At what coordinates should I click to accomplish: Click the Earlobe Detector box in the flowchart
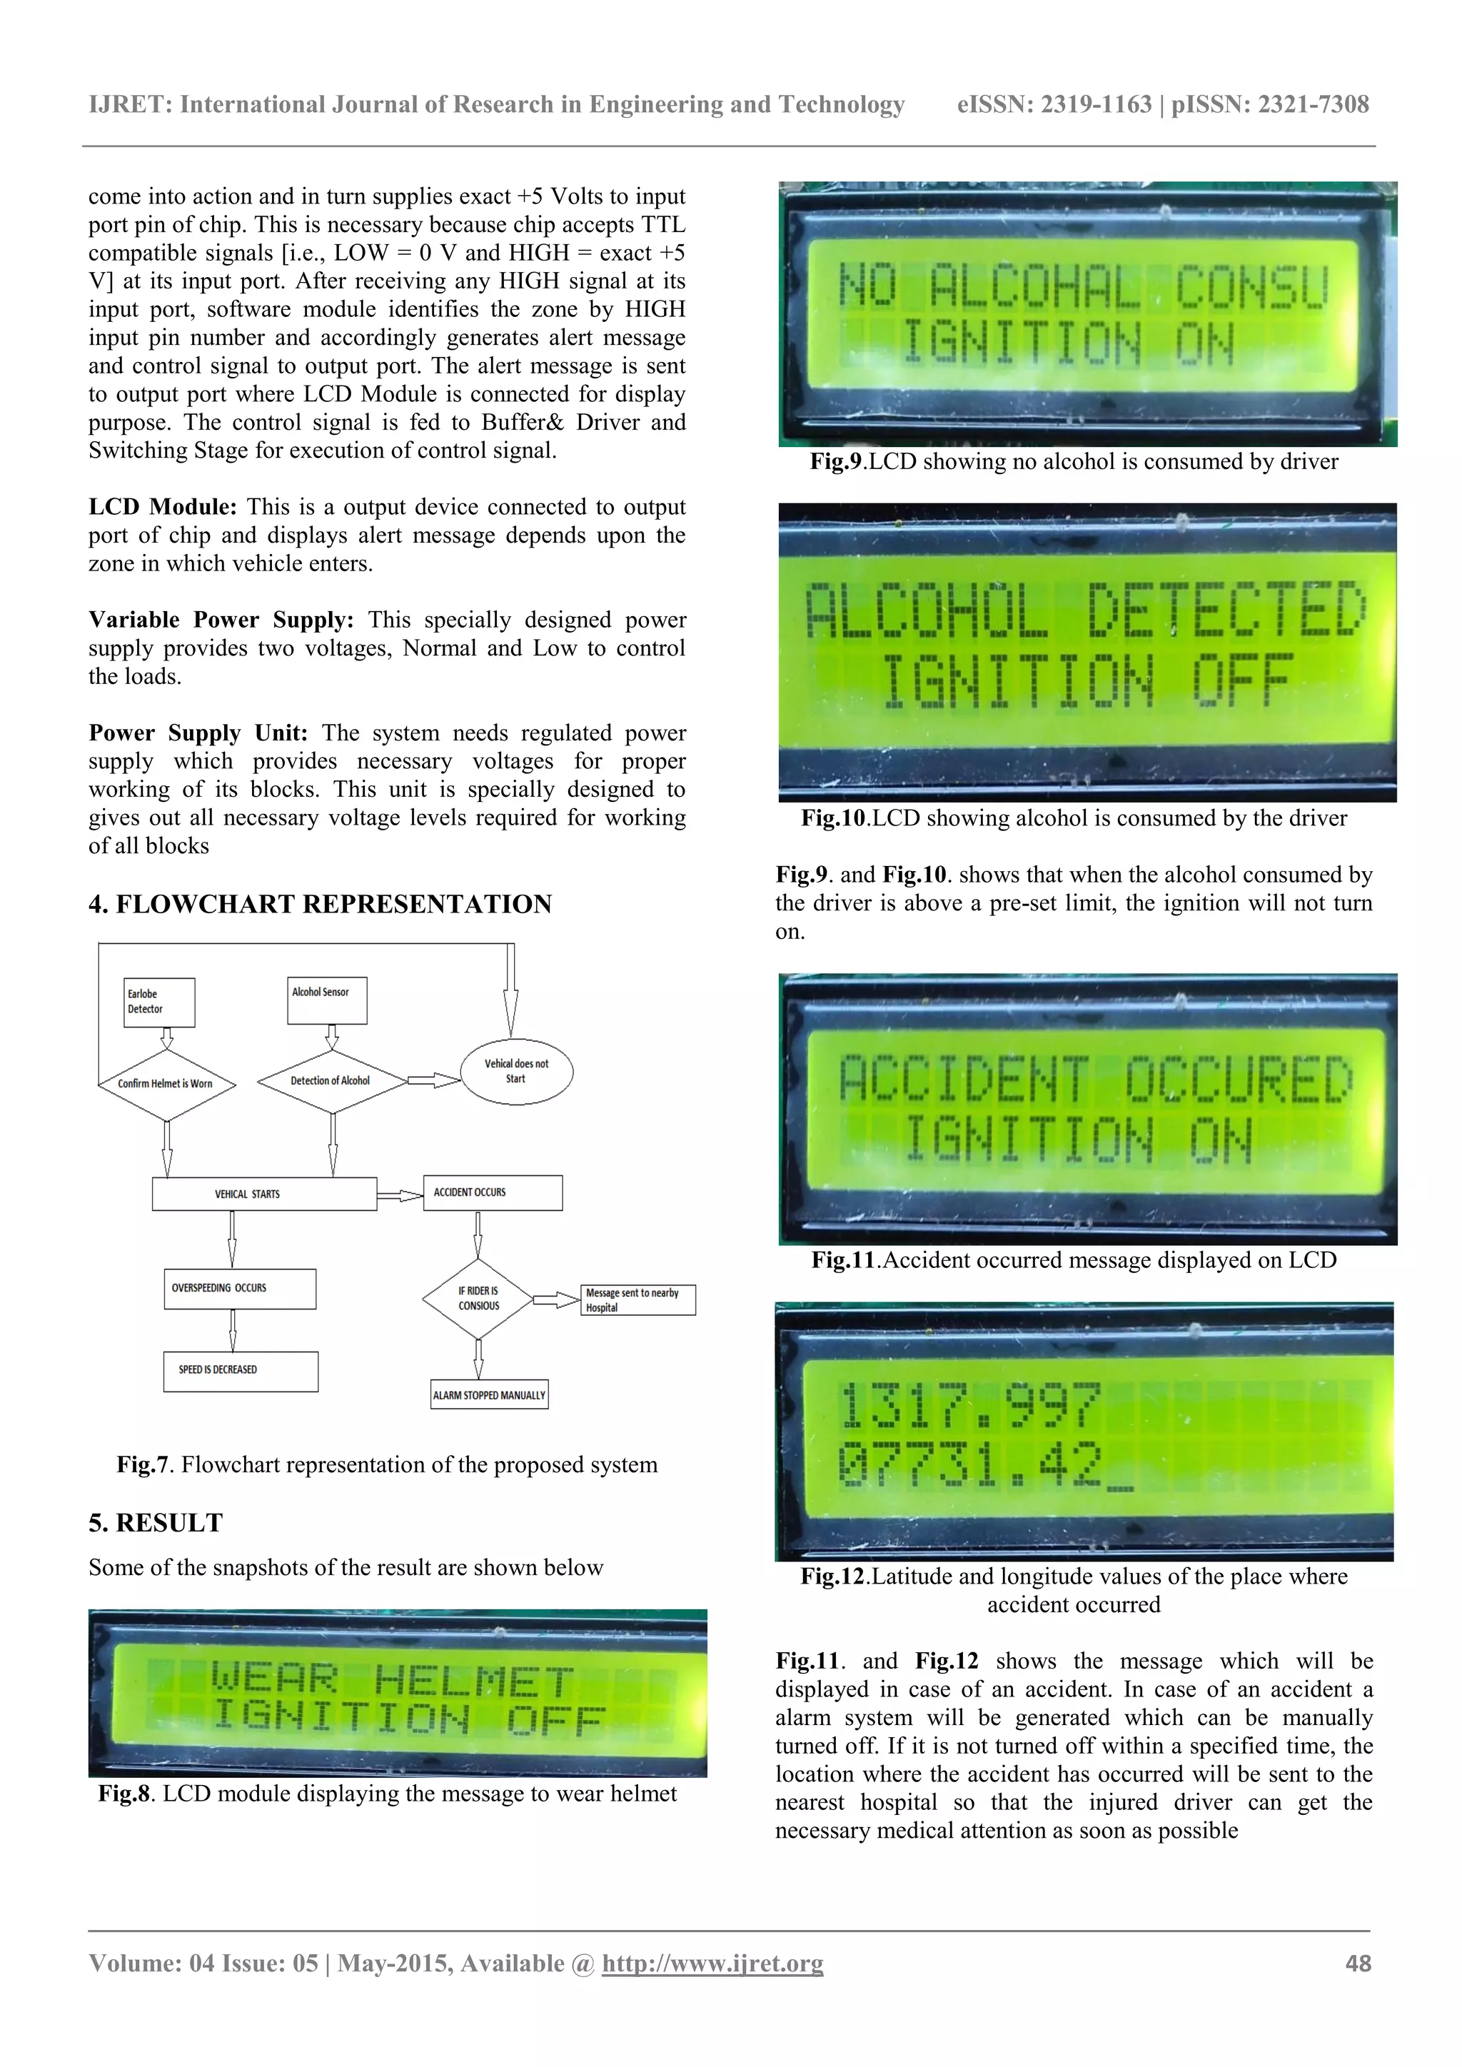point(159,1002)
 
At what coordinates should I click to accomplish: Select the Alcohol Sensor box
point(327,1000)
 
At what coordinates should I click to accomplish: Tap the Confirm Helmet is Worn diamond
point(166,1084)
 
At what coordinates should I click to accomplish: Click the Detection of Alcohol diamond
point(331,1081)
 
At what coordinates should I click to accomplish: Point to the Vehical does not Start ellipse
point(516,1071)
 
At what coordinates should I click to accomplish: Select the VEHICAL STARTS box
point(263,1194)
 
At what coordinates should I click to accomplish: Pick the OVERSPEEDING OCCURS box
point(239,1288)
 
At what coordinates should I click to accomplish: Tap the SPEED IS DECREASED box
point(241,1370)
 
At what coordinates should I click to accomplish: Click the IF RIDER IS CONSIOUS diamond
point(478,1298)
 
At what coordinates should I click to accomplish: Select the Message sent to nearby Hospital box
point(637,1300)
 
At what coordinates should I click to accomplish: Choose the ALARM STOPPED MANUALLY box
point(489,1394)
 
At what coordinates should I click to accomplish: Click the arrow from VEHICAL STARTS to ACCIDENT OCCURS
point(400,1195)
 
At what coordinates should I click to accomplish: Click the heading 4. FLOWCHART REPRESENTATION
point(320,904)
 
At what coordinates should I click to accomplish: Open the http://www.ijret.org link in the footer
point(712,1963)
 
